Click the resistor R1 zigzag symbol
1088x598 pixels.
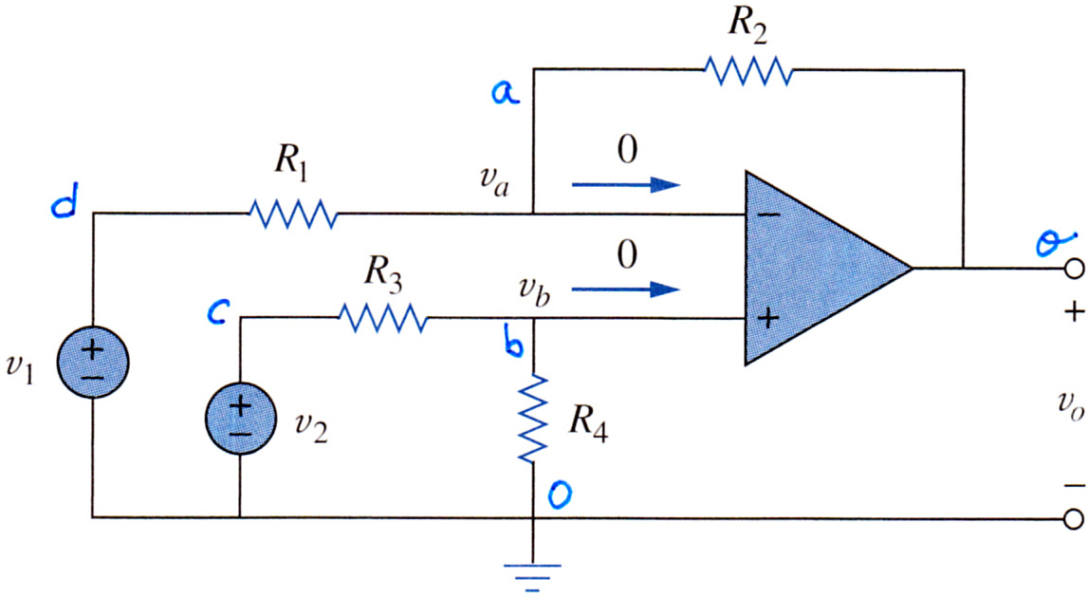tap(293, 214)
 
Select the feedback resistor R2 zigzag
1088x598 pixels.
tap(748, 70)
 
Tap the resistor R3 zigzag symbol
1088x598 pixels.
tap(383, 318)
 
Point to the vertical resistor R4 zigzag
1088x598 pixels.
tap(533, 418)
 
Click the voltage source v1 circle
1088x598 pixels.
tap(92, 362)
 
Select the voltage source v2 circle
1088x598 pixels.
tap(240, 418)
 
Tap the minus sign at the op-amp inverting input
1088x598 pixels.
tap(768, 215)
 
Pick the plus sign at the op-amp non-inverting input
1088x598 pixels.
tap(767, 318)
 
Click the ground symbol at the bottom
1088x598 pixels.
tap(533, 576)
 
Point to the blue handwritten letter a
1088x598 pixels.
tap(506, 92)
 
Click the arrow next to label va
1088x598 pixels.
tap(625, 185)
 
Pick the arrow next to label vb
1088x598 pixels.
tap(625, 289)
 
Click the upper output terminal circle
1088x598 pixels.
tap(1074, 269)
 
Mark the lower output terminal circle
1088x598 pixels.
tap(1074, 518)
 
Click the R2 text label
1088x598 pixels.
tap(747, 27)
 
